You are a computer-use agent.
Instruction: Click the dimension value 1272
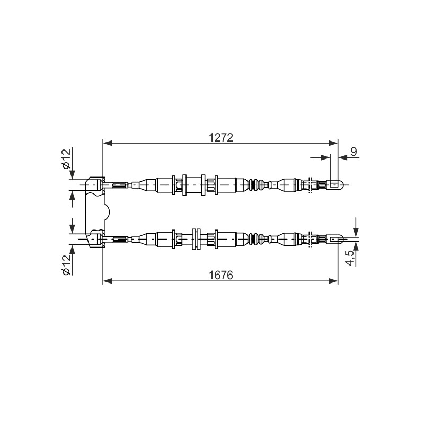point(220,138)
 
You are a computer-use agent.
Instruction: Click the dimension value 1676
point(220,275)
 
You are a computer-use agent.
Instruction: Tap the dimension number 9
point(354,152)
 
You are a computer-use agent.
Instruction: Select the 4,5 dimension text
point(350,258)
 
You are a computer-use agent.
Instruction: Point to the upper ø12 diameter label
point(67,159)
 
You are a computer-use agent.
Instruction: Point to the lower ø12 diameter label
point(67,265)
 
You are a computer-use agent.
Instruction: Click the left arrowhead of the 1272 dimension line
point(108,143)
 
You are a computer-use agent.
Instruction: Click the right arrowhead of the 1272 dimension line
point(333,143)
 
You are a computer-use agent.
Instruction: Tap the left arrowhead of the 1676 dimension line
point(108,281)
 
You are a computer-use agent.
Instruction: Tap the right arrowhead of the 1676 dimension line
point(333,281)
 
